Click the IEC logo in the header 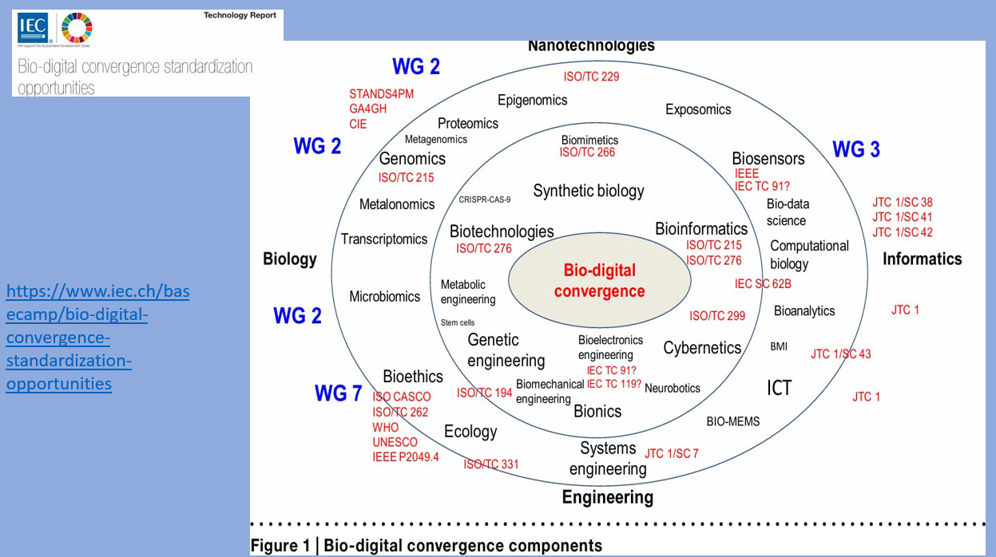[x=34, y=27]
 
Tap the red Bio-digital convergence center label [x=599, y=281]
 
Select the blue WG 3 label [x=856, y=149]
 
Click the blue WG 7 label [x=338, y=393]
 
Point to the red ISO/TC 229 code [x=591, y=77]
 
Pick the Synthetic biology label [x=588, y=191]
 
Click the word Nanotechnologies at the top [x=591, y=45]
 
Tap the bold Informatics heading [x=922, y=259]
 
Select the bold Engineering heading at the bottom [x=607, y=497]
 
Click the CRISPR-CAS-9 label [x=484, y=199]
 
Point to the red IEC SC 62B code [x=763, y=283]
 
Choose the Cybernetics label [x=702, y=348]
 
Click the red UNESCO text [x=395, y=442]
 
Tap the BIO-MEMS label [x=732, y=421]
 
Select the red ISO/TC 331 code [x=490, y=464]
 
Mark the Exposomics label [x=698, y=109]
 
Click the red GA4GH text [x=368, y=109]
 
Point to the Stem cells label [x=457, y=322]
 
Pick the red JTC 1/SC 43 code [x=840, y=354]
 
